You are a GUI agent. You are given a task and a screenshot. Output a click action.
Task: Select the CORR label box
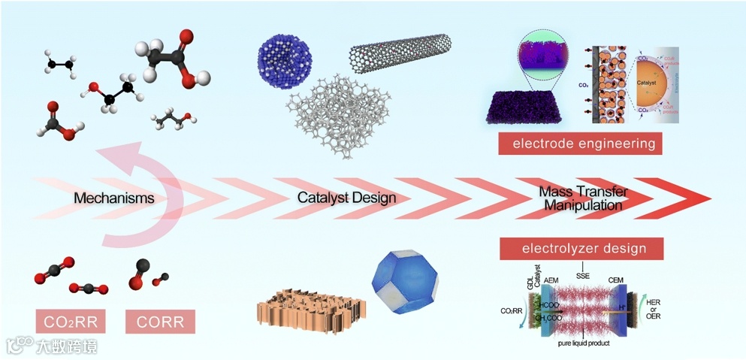(160, 322)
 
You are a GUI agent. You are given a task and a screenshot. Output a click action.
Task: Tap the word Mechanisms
(114, 198)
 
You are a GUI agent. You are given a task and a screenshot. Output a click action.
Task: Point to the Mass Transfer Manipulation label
(583, 198)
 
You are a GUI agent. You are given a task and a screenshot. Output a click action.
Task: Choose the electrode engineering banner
(580, 143)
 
